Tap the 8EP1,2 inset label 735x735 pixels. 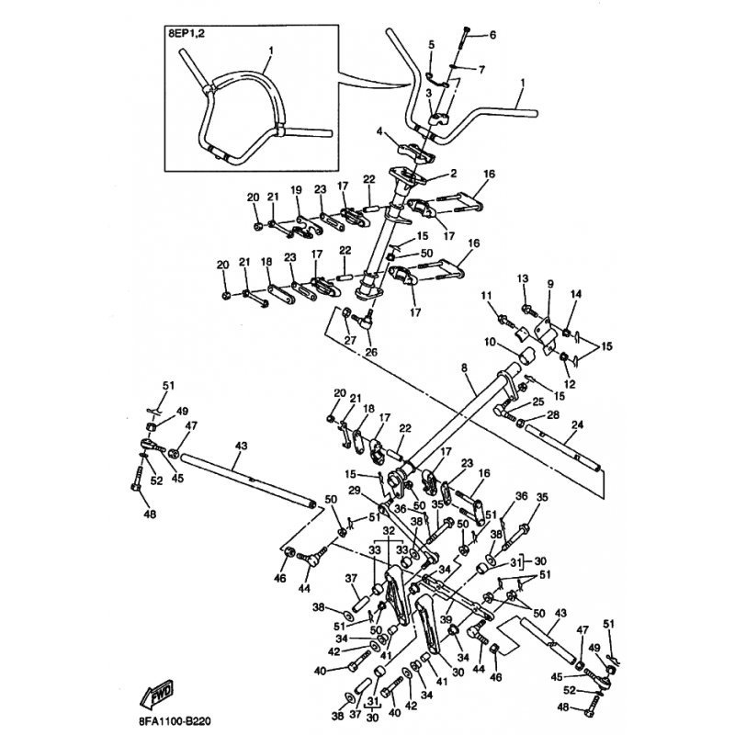pos(187,34)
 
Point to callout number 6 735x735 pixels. pos(492,35)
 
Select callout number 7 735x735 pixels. pos(481,70)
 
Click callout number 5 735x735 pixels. pos(431,44)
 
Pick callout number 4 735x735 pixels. pos(379,131)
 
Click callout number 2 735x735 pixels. pos(453,174)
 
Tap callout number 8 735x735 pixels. pos(464,368)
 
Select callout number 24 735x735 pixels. pos(578,425)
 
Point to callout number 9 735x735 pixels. pos(550,284)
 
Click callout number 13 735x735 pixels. pos(523,278)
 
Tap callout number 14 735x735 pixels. pos(576,294)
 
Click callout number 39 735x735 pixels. pos(446,619)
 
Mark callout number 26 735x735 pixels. pos(371,352)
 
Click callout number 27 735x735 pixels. pos(350,340)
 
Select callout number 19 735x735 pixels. pos(296,190)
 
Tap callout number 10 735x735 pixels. pos(490,342)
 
